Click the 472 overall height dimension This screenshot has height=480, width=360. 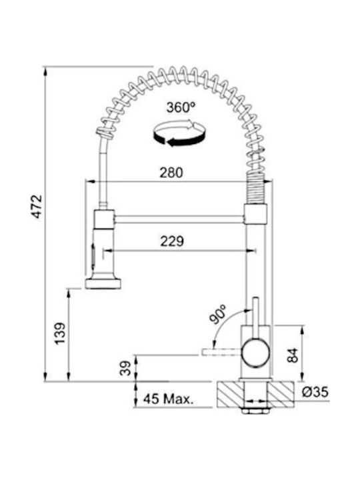[37, 206]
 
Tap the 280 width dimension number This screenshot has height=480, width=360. [171, 173]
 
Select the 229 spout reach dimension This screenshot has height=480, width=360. [172, 241]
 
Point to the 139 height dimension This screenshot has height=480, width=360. [60, 333]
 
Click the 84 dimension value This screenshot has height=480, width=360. [293, 355]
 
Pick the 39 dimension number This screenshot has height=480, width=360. [125, 368]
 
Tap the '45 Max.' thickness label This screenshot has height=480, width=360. [169, 399]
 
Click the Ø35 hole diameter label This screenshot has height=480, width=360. [315, 392]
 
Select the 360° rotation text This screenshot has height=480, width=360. [181, 107]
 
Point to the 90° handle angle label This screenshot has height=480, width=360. [217, 314]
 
